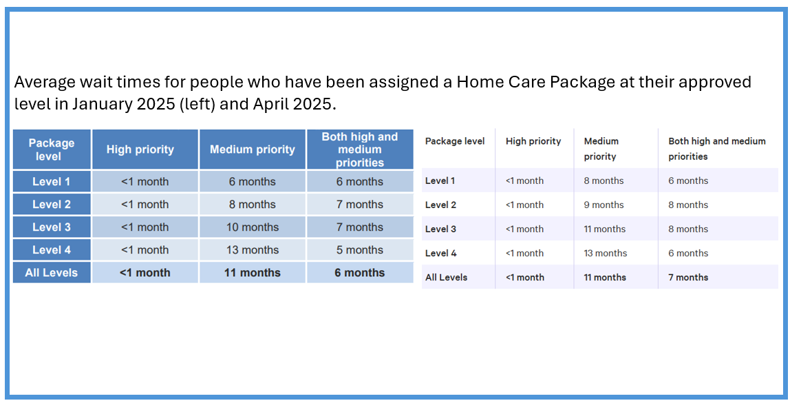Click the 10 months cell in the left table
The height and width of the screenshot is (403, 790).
[253, 227]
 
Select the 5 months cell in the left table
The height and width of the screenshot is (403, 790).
[359, 250]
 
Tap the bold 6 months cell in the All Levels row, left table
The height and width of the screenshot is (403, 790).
[359, 273]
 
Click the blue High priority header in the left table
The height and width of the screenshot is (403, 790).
[140, 149]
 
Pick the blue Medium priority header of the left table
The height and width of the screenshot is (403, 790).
[253, 149]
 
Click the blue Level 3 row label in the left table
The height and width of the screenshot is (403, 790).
[52, 227]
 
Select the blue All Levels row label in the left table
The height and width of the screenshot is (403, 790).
[52, 273]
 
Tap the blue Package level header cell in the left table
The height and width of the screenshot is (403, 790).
[52, 149]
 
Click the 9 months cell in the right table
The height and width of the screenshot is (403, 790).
[604, 205]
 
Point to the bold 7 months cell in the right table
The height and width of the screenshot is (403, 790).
[688, 278]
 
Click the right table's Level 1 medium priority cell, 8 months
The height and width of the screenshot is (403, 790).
[604, 180]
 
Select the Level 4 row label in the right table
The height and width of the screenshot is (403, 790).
[441, 253]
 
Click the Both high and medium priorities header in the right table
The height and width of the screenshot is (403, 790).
[716, 148]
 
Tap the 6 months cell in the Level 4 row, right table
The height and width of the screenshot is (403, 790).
[688, 253]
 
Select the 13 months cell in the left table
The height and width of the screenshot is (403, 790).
[253, 250]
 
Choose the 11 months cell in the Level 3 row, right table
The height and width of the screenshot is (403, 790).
[605, 229]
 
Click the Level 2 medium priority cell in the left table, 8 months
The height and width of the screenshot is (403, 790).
[253, 205]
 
